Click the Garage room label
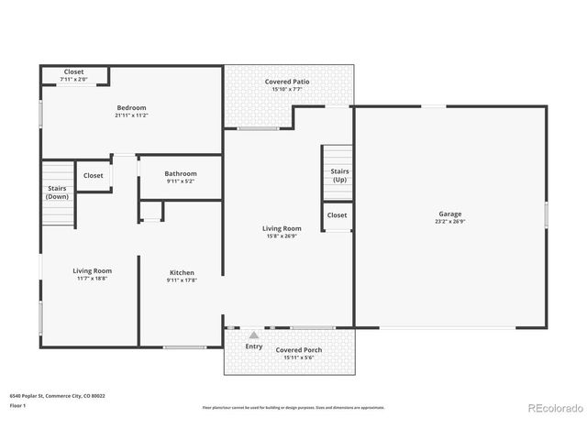449,214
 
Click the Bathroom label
181,173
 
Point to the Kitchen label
182,272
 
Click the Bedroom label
132,108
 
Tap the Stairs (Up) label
338,175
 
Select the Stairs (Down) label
58,192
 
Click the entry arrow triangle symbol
254,335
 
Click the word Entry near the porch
254,346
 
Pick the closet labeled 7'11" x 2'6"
74,80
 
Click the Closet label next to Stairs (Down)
94,175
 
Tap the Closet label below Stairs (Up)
338,215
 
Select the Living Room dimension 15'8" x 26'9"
282,236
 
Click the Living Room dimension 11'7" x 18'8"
93,280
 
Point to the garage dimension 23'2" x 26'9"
449,222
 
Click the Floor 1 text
18,405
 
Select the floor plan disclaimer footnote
293,407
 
